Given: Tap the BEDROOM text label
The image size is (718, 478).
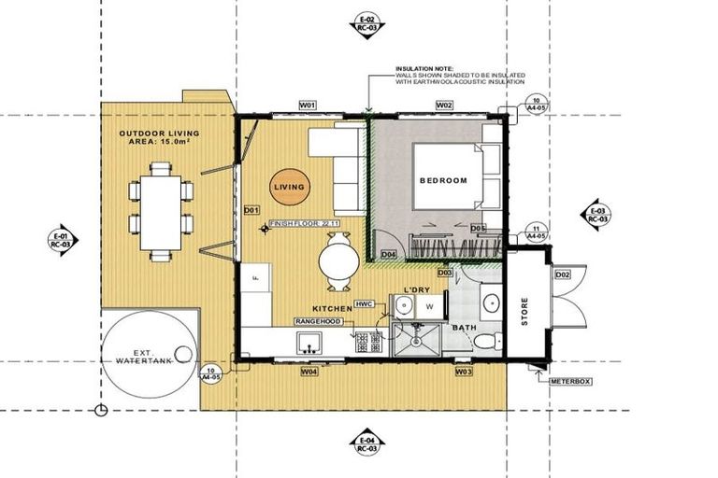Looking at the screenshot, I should [x=443, y=180].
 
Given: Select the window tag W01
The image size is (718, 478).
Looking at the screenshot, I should [x=308, y=106].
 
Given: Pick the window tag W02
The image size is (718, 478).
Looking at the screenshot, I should [x=445, y=106].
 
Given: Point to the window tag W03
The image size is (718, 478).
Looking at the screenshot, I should [x=464, y=372].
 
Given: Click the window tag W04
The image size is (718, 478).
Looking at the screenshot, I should [x=309, y=372].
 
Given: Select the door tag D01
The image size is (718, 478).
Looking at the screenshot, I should [x=250, y=210].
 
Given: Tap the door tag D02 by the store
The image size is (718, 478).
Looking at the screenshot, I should [x=562, y=274].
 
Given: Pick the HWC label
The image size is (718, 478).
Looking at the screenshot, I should [x=366, y=304].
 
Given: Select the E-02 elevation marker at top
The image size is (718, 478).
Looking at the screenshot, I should [x=366, y=24].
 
